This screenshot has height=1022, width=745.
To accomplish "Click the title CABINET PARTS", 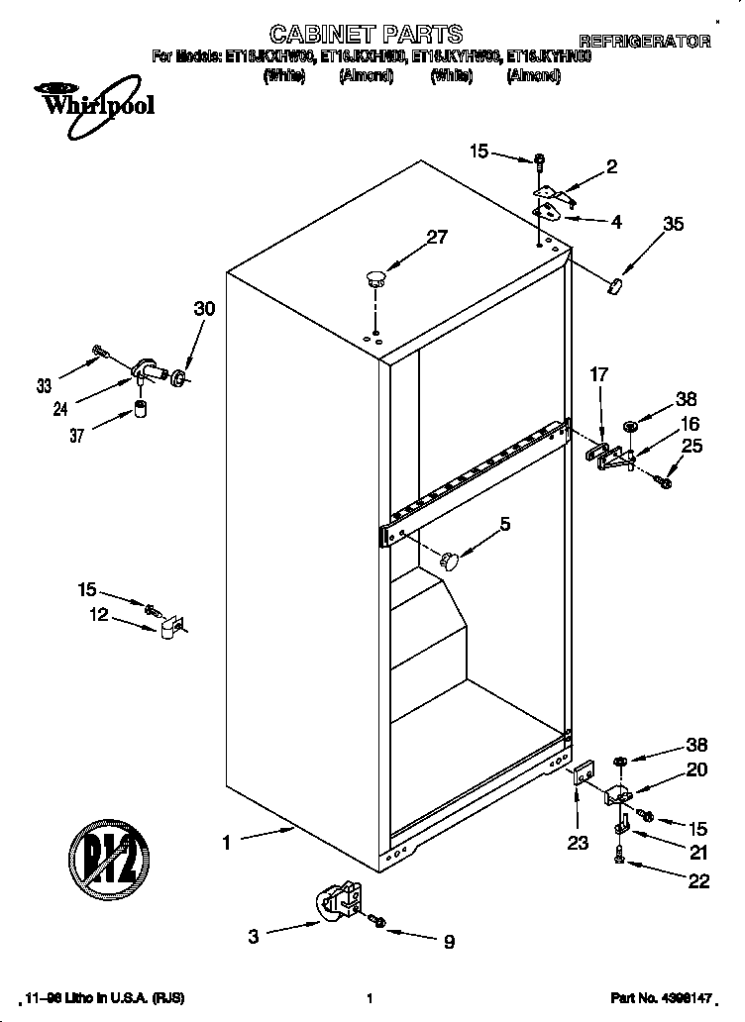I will (353, 37).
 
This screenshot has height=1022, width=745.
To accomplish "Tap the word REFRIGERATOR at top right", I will (644, 42).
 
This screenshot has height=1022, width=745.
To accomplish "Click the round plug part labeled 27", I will (374, 277).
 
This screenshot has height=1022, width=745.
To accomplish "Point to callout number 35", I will (673, 224).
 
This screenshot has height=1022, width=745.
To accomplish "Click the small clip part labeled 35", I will (614, 285).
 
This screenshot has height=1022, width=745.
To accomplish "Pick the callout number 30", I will (203, 309).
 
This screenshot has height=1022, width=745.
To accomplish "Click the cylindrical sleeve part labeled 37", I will (141, 409).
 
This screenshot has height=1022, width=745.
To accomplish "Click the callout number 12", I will (98, 615).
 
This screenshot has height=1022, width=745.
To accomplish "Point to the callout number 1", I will (226, 843).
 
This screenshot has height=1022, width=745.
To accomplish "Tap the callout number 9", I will (449, 944).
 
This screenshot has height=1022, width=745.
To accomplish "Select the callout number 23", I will (578, 843).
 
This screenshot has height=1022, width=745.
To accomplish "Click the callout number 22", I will (698, 881).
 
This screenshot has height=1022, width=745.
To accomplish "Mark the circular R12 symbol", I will (108, 851).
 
